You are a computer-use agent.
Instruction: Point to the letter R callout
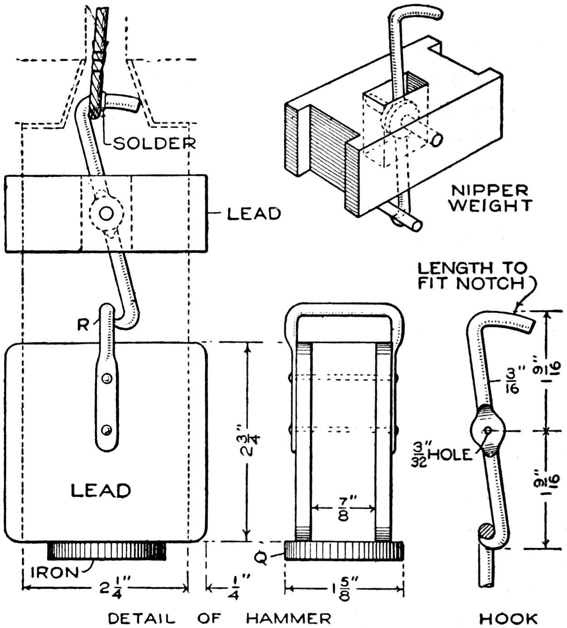coord(83,325)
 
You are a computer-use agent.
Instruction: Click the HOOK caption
coord(508,618)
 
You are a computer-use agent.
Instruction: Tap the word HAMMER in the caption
coord(288,618)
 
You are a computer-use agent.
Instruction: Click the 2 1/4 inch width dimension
coord(110,589)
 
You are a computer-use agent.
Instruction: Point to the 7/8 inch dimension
coord(343,509)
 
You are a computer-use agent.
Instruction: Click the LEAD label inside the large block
coord(101,490)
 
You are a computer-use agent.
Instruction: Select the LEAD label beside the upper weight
coord(254,213)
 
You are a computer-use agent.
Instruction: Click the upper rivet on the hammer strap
coord(107,378)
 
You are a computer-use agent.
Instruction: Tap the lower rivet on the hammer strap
coord(107,429)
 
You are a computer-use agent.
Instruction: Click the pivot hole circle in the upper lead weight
coord(106,213)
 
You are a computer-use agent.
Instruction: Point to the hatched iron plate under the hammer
coord(107,550)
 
